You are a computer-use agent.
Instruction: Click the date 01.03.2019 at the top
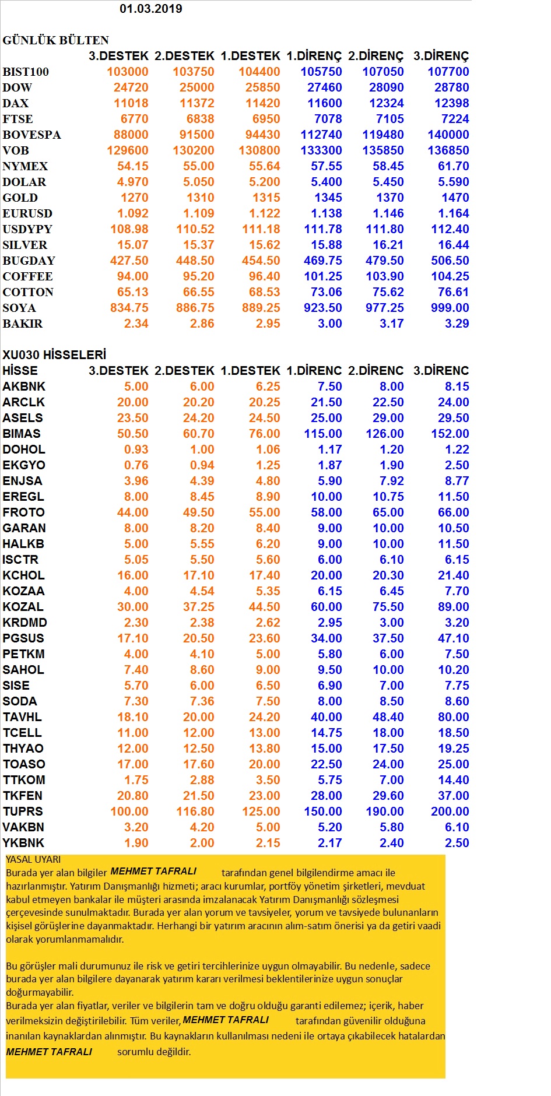pos(151,9)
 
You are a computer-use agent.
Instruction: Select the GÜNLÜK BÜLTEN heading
pos(56,40)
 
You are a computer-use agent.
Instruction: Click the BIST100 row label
pos(26,72)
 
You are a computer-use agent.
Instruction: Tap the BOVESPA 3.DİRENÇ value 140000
pos(448,135)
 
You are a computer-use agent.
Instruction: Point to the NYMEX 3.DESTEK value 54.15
pos(133,166)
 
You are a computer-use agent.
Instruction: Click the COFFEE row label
pos(27,276)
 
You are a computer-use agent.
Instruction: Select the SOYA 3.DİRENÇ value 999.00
pos(450,308)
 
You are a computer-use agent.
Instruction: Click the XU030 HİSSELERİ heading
pos(54,355)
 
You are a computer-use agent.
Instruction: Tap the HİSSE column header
pos(20,371)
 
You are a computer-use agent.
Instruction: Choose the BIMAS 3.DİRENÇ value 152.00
pos(450,434)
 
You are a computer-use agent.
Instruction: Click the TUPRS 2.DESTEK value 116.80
pos(195,812)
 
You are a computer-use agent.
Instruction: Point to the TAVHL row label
pos(22,717)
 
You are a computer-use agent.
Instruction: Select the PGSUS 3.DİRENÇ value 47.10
pos(454,638)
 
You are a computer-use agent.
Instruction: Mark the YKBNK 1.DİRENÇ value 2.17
pos(330,843)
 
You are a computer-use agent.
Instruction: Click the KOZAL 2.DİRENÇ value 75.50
pos(388,607)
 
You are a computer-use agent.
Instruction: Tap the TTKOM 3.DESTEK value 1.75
pos(136,780)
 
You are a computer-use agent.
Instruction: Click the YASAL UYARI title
pos(33,859)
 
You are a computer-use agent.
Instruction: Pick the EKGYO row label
pos(24,465)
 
